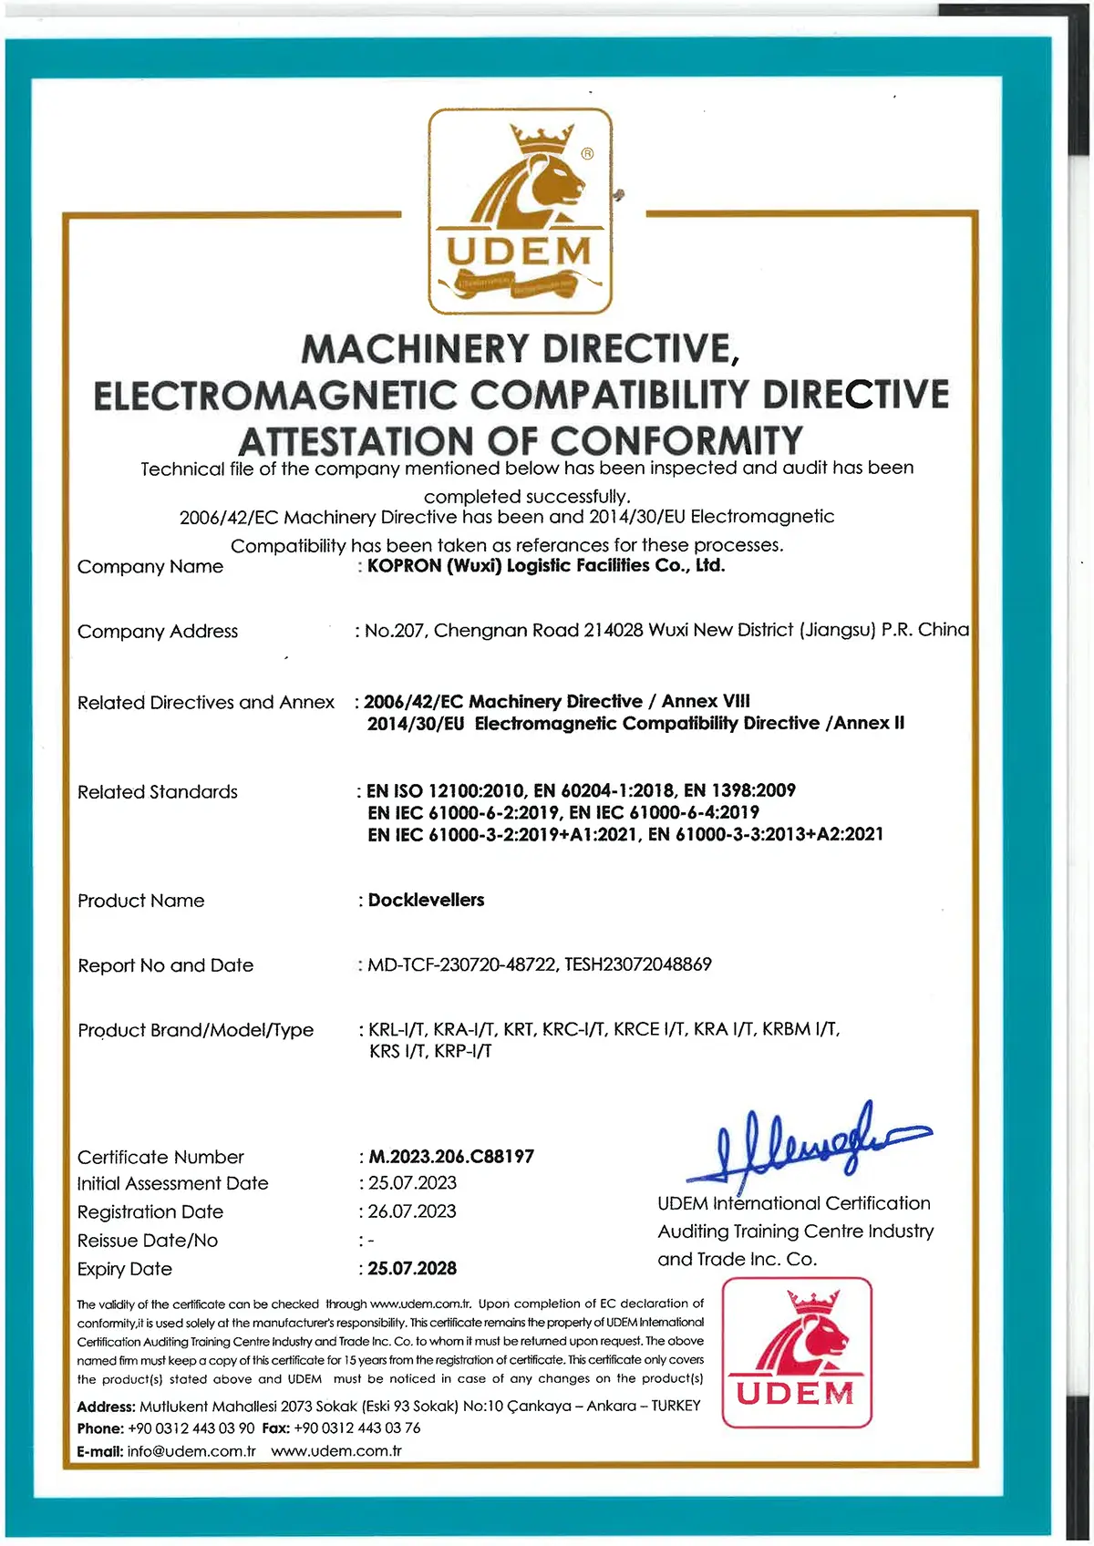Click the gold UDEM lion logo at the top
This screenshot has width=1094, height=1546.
(520, 211)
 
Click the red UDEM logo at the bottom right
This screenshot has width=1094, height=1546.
(797, 1353)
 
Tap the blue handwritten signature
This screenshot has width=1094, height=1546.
(807, 1145)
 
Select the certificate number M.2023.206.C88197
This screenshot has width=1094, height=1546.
(451, 1157)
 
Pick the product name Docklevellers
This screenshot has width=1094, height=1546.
(426, 901)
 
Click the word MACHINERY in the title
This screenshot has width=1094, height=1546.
(415, 349)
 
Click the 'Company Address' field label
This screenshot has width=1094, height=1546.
(158, 632)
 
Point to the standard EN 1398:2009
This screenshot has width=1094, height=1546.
(739, 790)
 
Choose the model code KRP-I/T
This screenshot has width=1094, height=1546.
(463, 1051)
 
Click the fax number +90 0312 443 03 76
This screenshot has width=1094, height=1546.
(356, 1428)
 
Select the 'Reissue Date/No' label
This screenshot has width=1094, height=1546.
(148, 1241)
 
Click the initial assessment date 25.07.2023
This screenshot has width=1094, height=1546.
(412, 1183)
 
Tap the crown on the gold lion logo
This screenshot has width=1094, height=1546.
(541, 139)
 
